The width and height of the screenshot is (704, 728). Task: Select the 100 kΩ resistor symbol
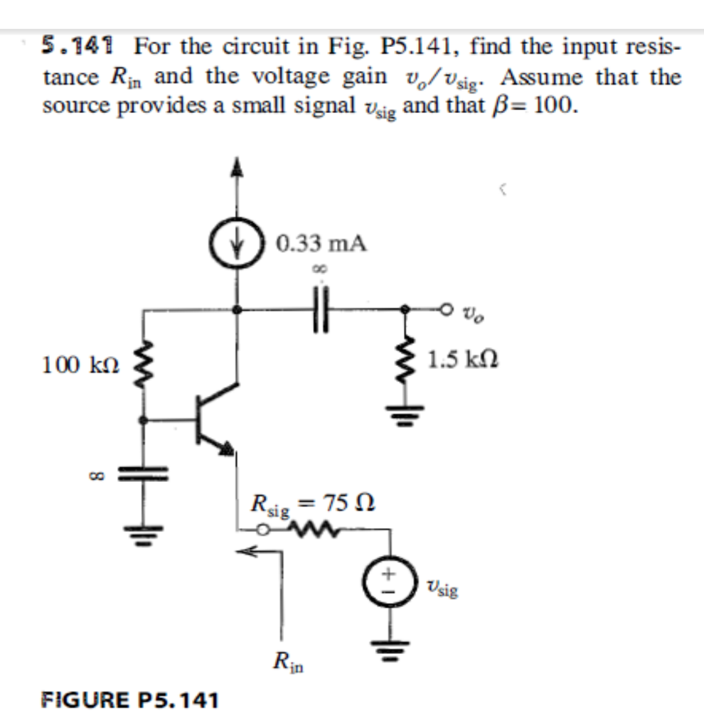pos(145,365)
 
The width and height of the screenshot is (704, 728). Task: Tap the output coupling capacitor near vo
pos(321,309)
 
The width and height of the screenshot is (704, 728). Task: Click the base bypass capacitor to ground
pos(144,473)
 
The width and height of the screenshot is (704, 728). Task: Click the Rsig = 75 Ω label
pos(313,505)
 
